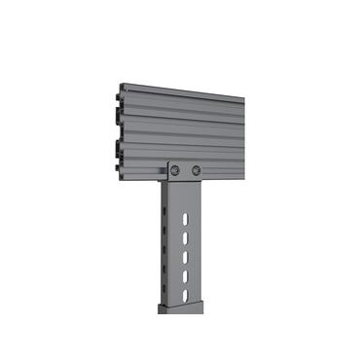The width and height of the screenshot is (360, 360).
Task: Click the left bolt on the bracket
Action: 175,170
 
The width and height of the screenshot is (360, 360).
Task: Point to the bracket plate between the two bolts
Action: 185,171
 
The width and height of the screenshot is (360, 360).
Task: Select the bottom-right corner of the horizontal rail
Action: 242,181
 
